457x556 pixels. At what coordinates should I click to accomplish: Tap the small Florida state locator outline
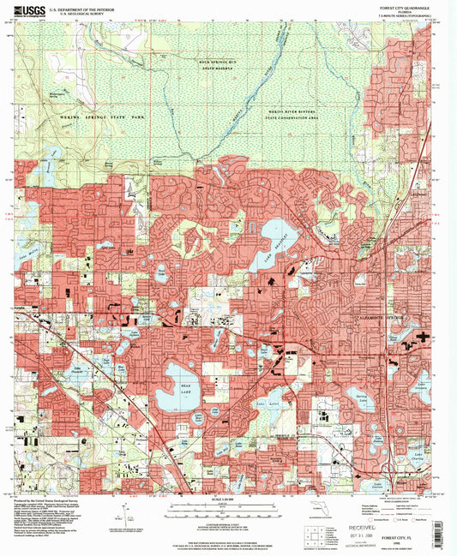[x=320, y=512]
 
